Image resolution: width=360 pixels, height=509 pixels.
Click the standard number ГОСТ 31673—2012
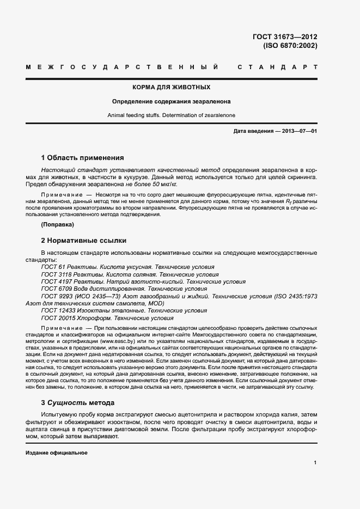point(285,37)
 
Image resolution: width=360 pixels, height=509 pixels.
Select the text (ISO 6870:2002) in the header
point(290,46)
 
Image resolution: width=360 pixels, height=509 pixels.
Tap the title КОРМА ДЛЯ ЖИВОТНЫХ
point(172,87)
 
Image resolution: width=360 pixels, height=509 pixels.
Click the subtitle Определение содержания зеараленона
point(172,101)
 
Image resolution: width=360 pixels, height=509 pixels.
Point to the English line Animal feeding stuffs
point(172,115)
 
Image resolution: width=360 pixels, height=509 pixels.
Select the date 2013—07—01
point(299,132)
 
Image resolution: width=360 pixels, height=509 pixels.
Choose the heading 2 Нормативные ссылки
point(84,240)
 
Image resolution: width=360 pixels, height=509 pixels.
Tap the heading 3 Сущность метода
point(78,403)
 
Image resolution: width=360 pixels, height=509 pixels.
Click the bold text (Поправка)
point(58,224)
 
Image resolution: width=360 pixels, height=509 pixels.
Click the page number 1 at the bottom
point(315,462)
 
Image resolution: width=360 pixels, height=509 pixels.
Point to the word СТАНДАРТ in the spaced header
point(277,68)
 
